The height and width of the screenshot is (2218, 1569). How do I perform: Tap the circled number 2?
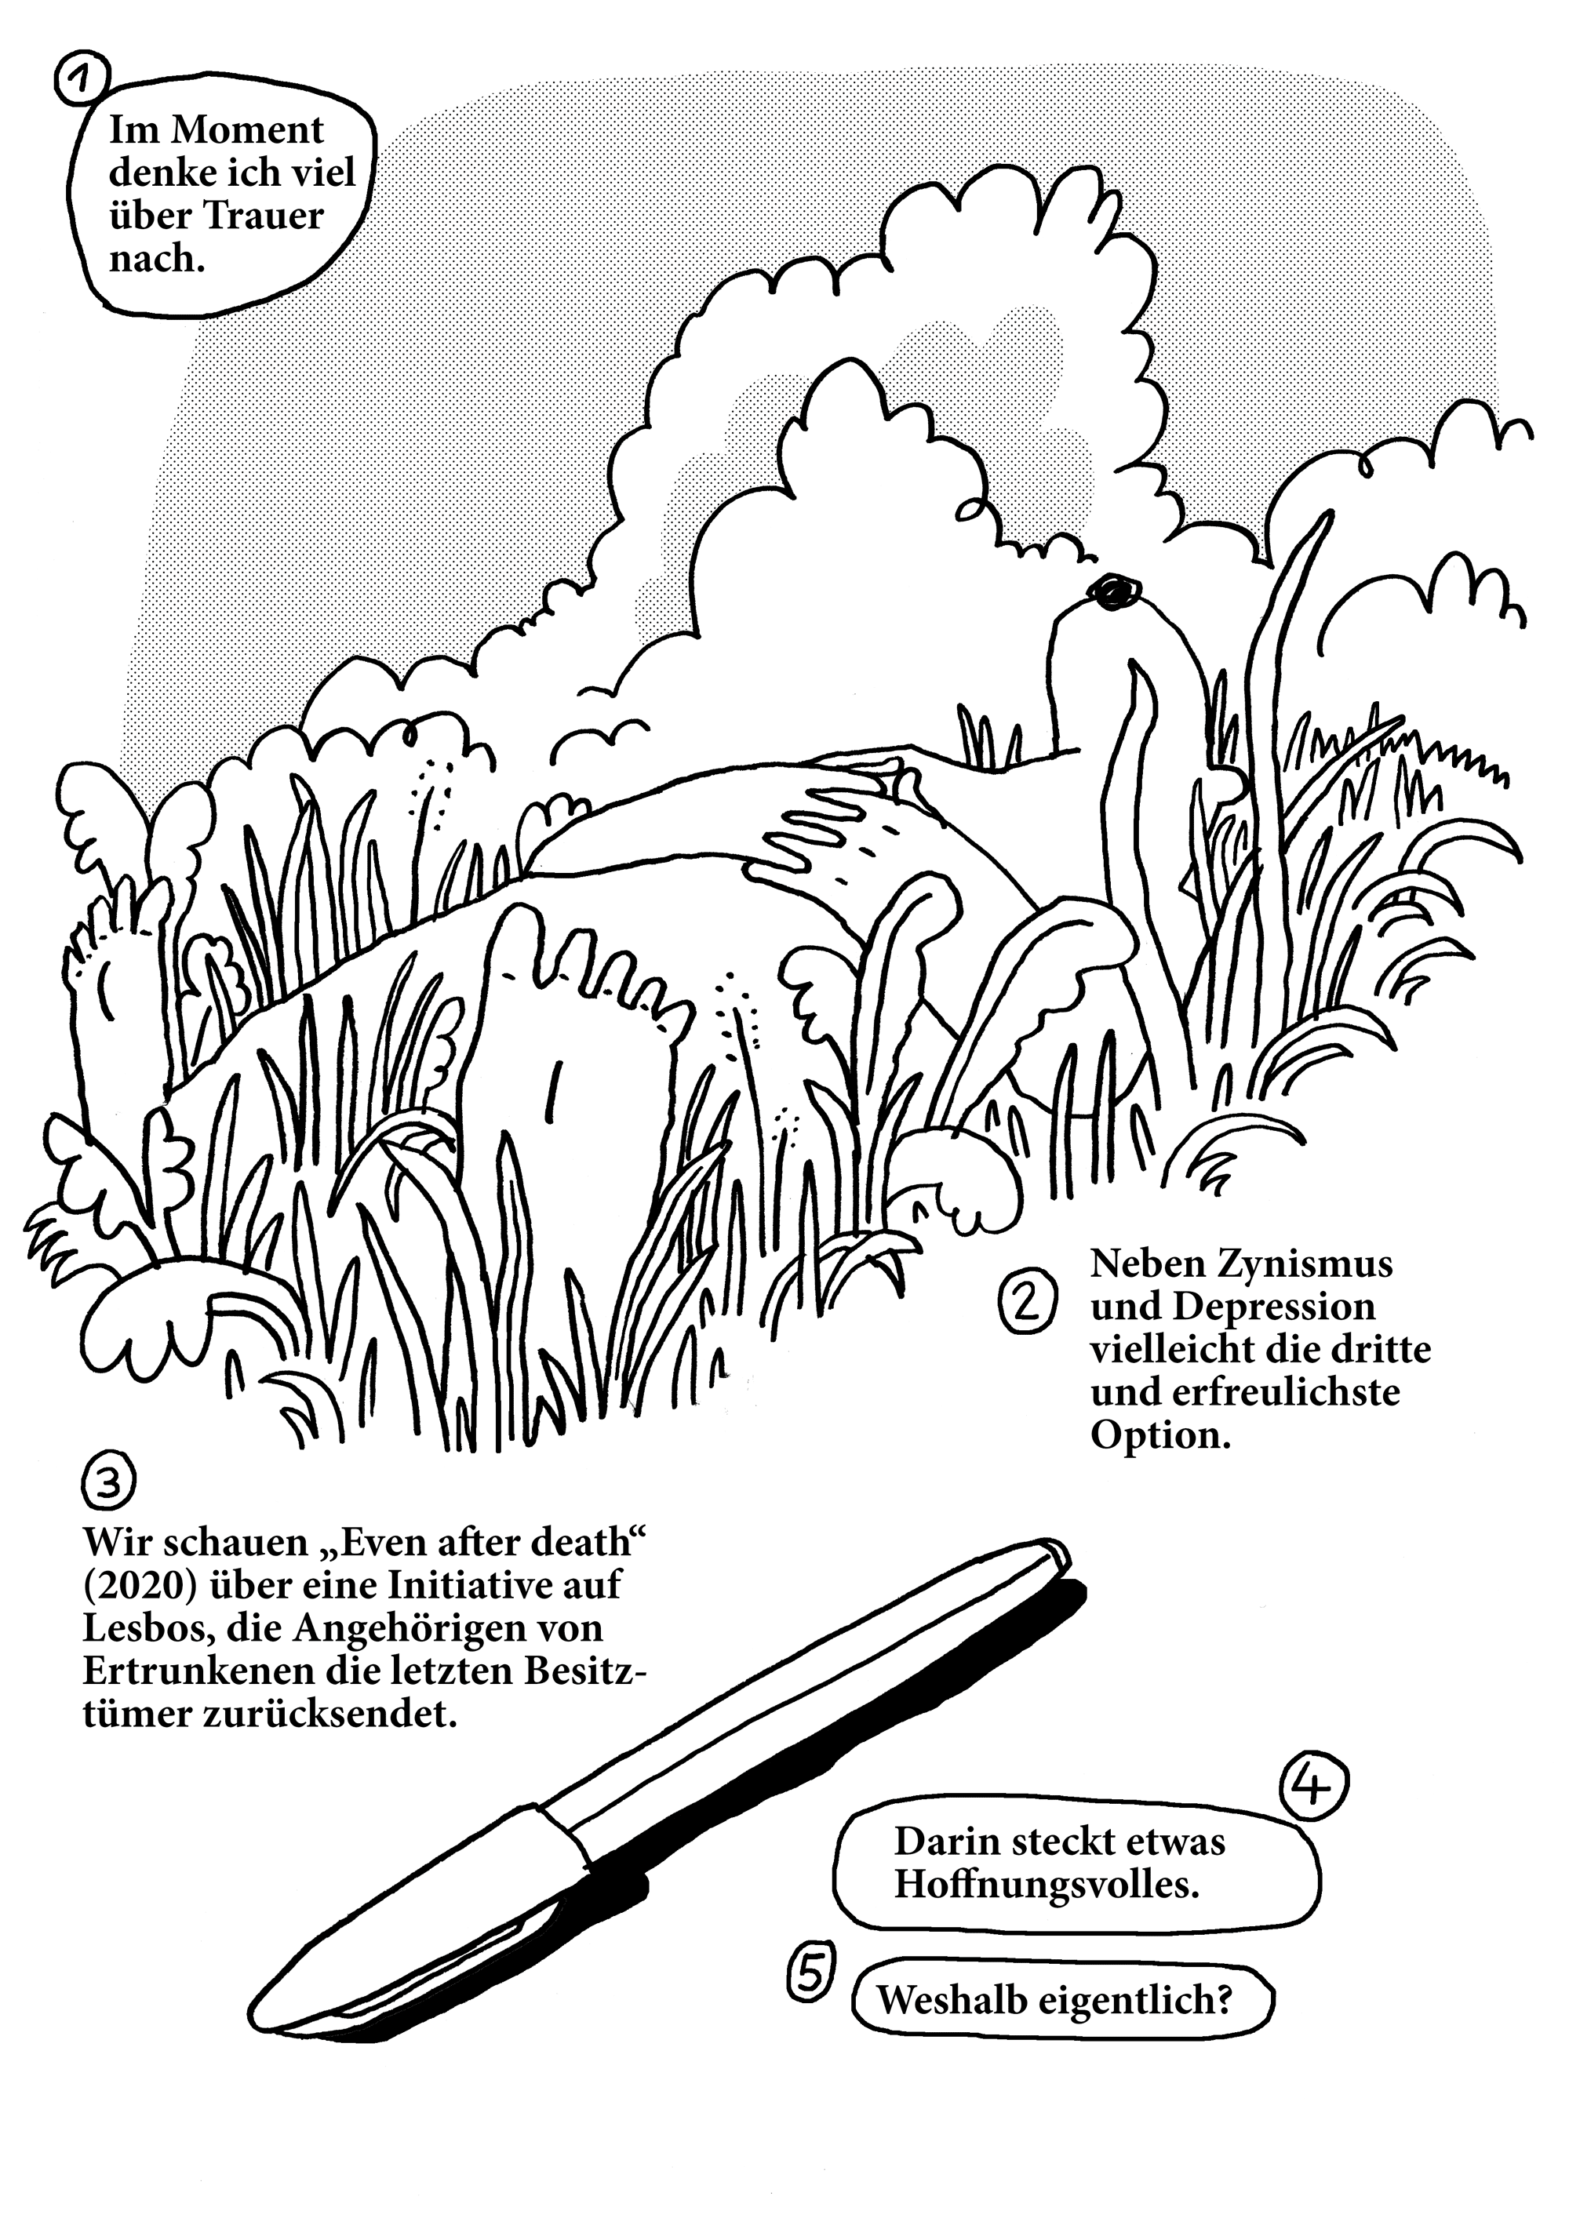[x=1026, y=1304]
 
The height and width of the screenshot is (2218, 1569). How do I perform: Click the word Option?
[x=1160, y=1435]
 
